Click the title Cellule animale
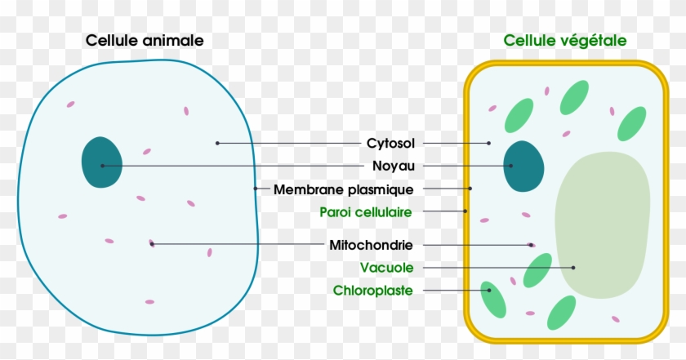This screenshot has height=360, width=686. click(x=144, y=40)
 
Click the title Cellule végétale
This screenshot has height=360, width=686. click(x=565, y=40)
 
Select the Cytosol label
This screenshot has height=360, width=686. click(x=390, y=144)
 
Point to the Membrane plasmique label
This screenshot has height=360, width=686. click(x=344, y=189)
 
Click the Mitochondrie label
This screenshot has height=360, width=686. click(x=371, y=245)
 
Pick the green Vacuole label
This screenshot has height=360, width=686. click(x=387, y=267)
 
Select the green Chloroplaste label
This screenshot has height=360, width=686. click(x=372, y=290)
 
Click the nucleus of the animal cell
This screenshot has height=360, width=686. click(x=102, y=163)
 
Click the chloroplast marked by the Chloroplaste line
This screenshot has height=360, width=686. click(x=492, y=299)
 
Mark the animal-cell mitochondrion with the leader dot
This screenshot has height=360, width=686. click(x=152, y=243)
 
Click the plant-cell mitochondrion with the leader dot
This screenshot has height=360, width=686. click(x=532, y=244)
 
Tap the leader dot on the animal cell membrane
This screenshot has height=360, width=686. click(x=256, y=189)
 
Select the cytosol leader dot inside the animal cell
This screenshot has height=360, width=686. click(x=217, y=144)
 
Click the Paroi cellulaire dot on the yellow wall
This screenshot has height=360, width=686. click(x=465, y=211)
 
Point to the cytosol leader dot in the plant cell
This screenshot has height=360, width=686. click(x=489, y=144)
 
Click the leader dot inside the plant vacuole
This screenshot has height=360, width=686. click(x=574, y=267)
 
